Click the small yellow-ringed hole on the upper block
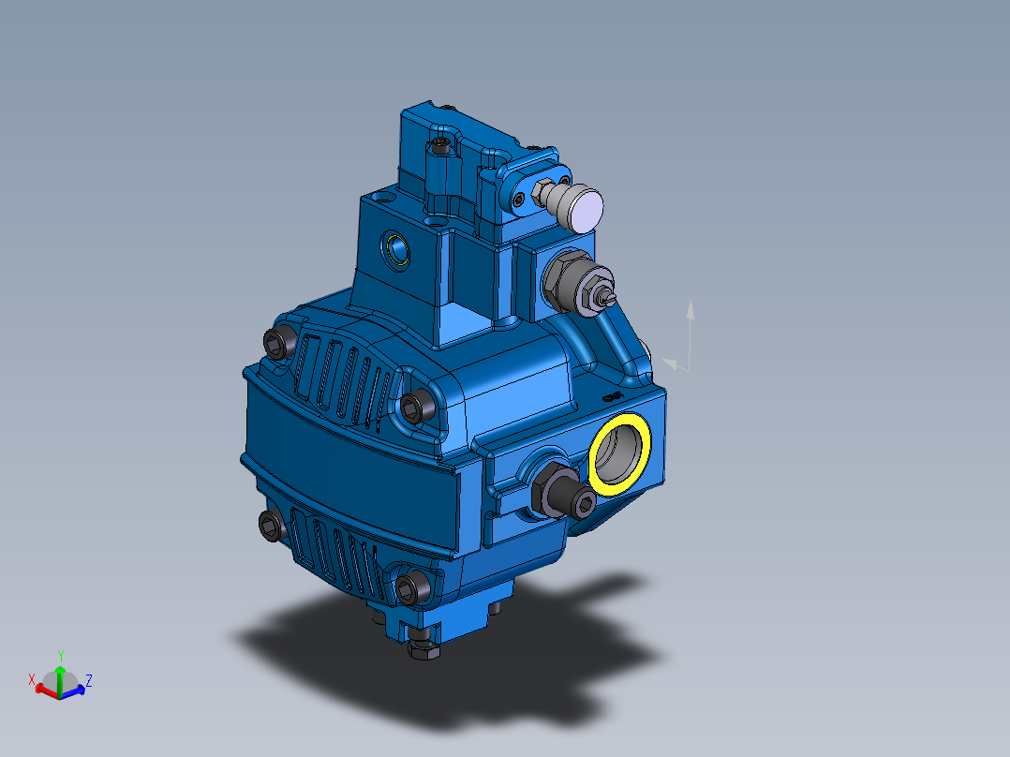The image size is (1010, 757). point(398,249)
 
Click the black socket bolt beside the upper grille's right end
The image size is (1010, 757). point(416,405)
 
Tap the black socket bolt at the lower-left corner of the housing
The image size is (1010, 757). point(271,525)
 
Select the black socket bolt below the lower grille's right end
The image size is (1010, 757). point(410,587)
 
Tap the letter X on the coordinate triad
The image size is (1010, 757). point(32,678)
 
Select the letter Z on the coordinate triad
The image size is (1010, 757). point(89,679)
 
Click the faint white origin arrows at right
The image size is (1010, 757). point(683,342)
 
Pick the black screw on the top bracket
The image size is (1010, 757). point(440,145)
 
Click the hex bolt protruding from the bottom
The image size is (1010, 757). point(423,646)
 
